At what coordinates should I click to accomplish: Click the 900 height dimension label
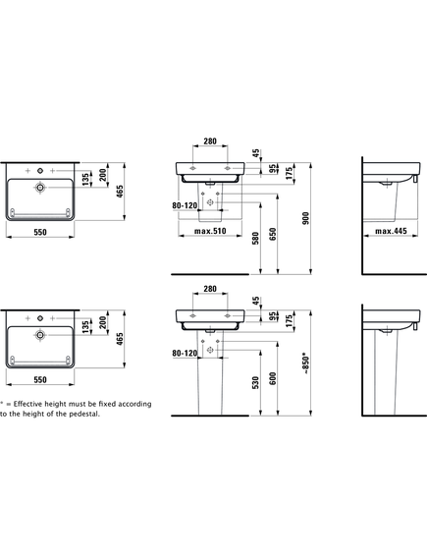tap(305, 218)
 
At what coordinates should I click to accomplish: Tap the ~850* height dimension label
tap(306, 363)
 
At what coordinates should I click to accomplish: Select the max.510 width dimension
tap(210, 231)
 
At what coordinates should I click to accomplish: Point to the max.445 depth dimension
tap(391, 231)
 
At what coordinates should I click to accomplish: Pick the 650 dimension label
tap(273, 234)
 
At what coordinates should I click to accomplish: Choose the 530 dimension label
tap(255, 382)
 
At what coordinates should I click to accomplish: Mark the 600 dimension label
tap(273, 378)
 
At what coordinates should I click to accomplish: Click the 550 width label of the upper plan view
tap(40, 232)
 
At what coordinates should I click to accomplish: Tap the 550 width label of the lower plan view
tap(40, 379)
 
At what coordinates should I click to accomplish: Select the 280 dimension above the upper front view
tap(210, 141)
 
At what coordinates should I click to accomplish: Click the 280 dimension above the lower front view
tap(210, 289)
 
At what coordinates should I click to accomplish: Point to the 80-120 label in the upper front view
tap(185, 205)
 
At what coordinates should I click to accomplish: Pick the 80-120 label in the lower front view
tap(185, 354)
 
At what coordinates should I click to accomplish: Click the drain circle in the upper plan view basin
tap(40, 188)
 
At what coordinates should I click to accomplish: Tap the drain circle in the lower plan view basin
tap(40, 335)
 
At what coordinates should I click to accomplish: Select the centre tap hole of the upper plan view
tap(40, 171)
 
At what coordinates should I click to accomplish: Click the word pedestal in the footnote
tap(84, 414)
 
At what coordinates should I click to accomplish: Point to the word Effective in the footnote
tap(28, 404)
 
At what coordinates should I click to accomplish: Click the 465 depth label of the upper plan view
tap(120, 192)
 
